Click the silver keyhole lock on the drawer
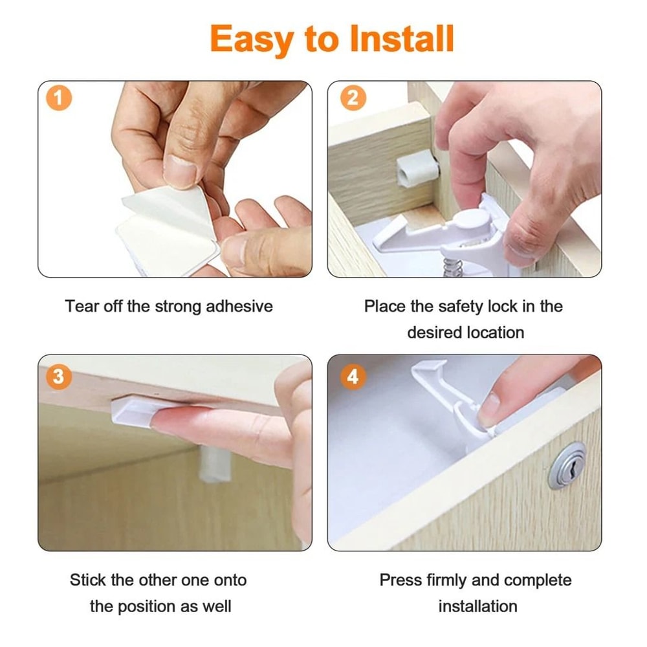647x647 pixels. (x=567, y=465)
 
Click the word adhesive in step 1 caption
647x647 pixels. (x=239, y=306)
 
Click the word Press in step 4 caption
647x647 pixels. (x=400, y=580)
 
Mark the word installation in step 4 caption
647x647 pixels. (x=478, y=607)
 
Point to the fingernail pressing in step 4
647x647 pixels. (x=490, y=410)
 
